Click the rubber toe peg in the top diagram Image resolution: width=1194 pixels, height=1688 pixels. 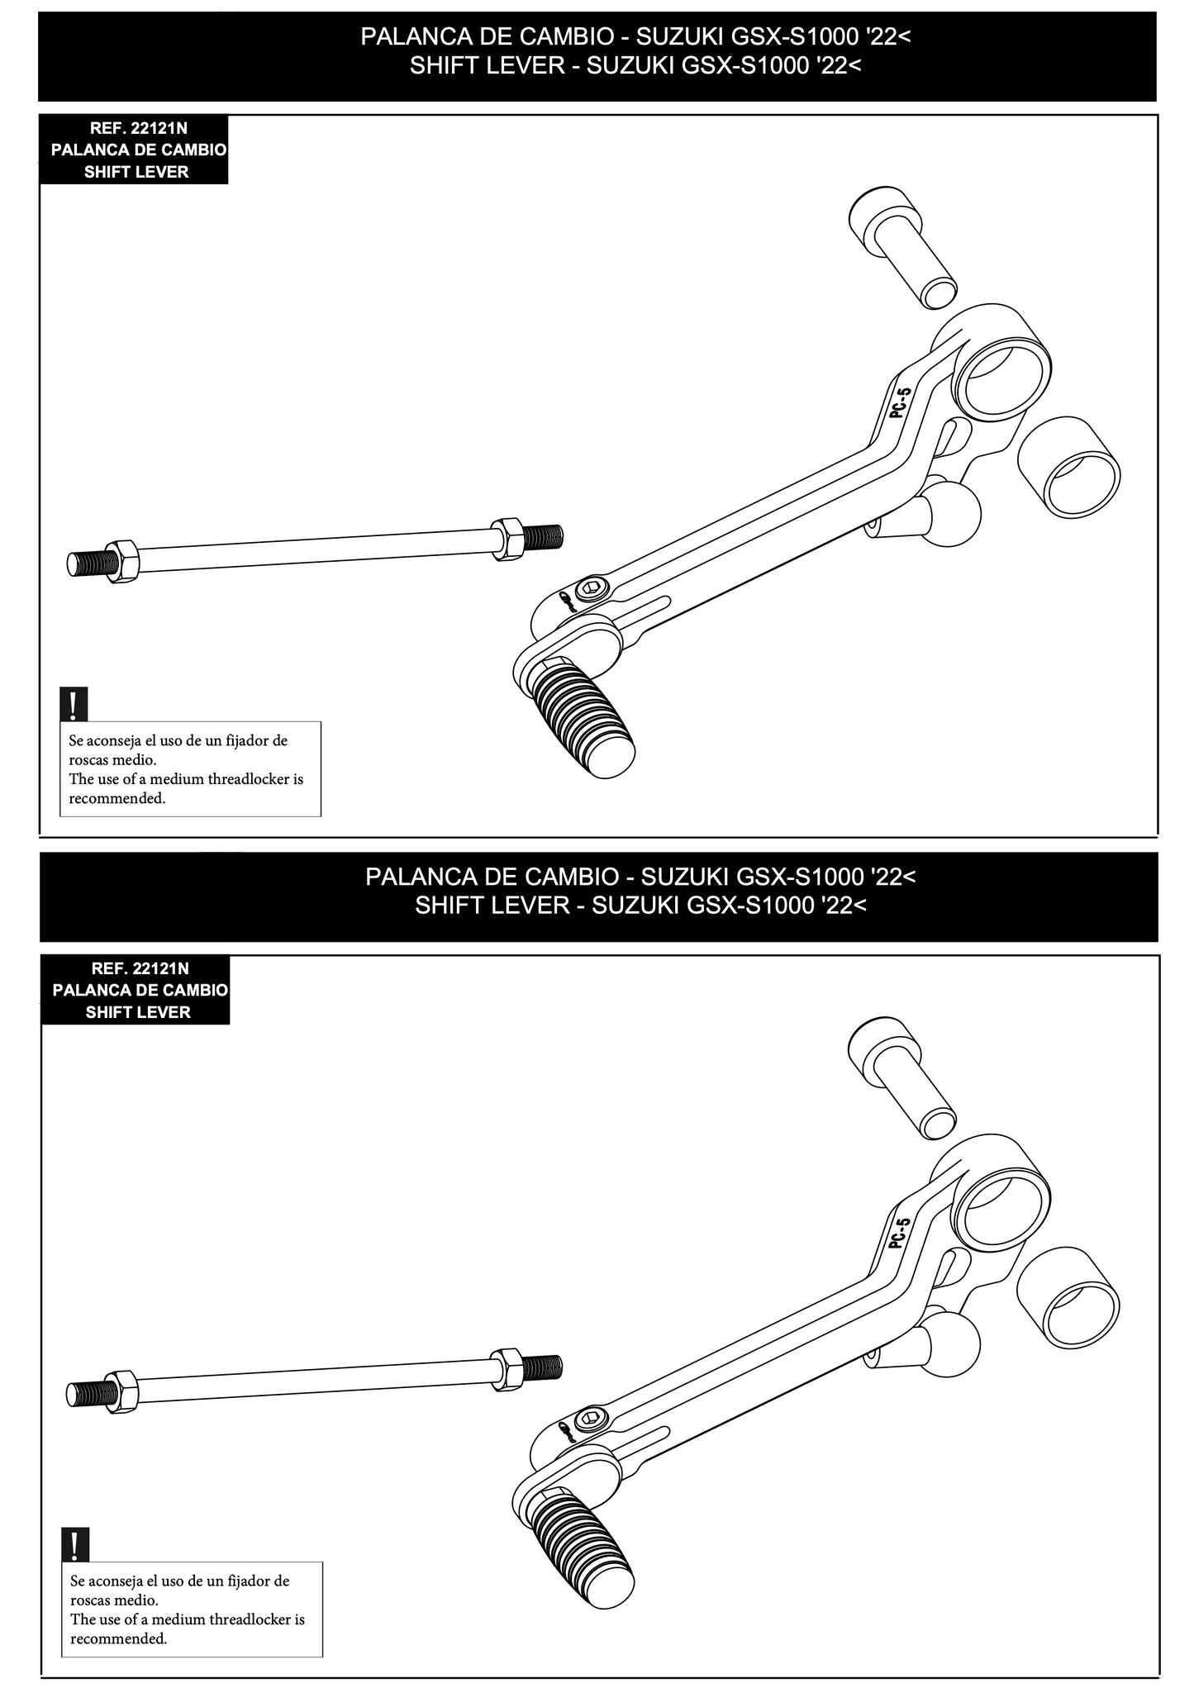coord(583,720)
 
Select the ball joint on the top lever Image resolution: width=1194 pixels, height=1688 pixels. coord(952,514)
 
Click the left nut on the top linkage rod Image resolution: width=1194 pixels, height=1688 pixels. coord(123,560)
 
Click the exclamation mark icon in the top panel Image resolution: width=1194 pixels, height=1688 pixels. coord(74,704)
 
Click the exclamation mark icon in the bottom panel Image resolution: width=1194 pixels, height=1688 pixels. coord(75,1544)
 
